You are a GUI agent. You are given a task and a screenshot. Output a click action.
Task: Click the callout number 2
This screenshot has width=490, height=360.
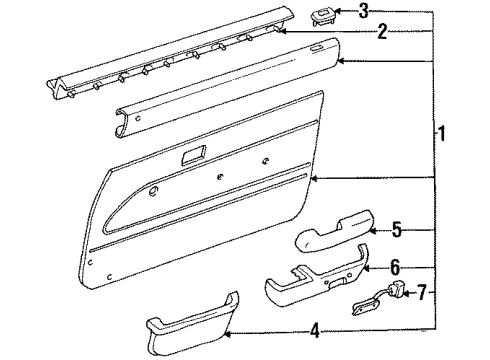coord(381,33)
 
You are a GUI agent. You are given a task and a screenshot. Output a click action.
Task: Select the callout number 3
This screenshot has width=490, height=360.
coord(363,11)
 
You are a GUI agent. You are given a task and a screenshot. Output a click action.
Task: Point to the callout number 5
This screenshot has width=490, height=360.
coord(396,230)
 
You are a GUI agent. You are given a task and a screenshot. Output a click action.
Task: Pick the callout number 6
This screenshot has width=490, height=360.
coord(395,267)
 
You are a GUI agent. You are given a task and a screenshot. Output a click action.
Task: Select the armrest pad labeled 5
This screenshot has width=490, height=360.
coord(331,239)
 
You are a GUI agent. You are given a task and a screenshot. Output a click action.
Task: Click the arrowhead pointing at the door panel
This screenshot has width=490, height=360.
coord(313,177)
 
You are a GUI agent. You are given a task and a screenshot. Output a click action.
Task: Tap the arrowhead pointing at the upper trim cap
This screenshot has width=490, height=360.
coord(339,63)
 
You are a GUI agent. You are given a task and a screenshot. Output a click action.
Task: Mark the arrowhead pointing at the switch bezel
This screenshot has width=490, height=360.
coord(339,11)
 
